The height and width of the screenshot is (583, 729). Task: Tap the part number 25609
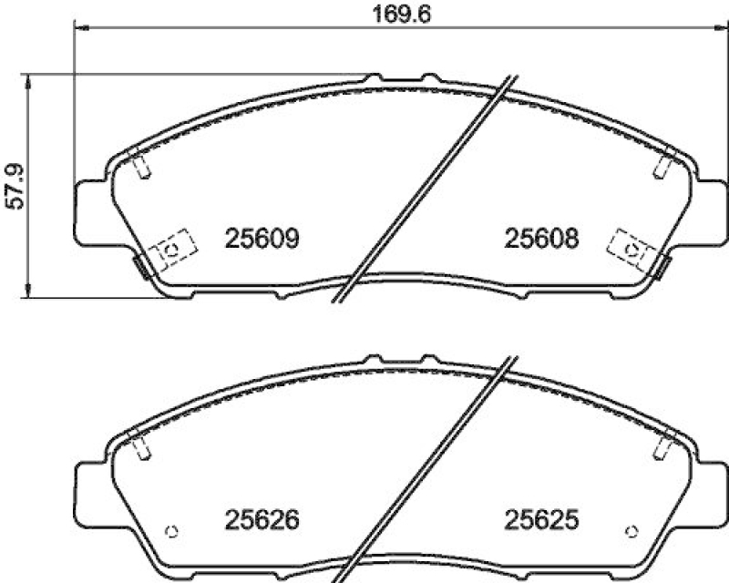pyautogui.click(x=262, y=239)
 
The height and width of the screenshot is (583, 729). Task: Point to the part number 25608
pyautogui.click(x=542, y=239)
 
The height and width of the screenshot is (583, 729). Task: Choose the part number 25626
pyautogui.click(x=262, y=521)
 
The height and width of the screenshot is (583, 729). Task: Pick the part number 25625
pyautogui.click(x=542, y=521)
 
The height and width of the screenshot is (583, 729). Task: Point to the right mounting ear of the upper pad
pyautogui.click(x=713, y=211)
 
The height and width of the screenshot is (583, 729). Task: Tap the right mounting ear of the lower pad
pyautogui.click(x=713, y=492)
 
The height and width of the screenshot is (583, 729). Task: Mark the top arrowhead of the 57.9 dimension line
pyautogui.click(x=31, y=80)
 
